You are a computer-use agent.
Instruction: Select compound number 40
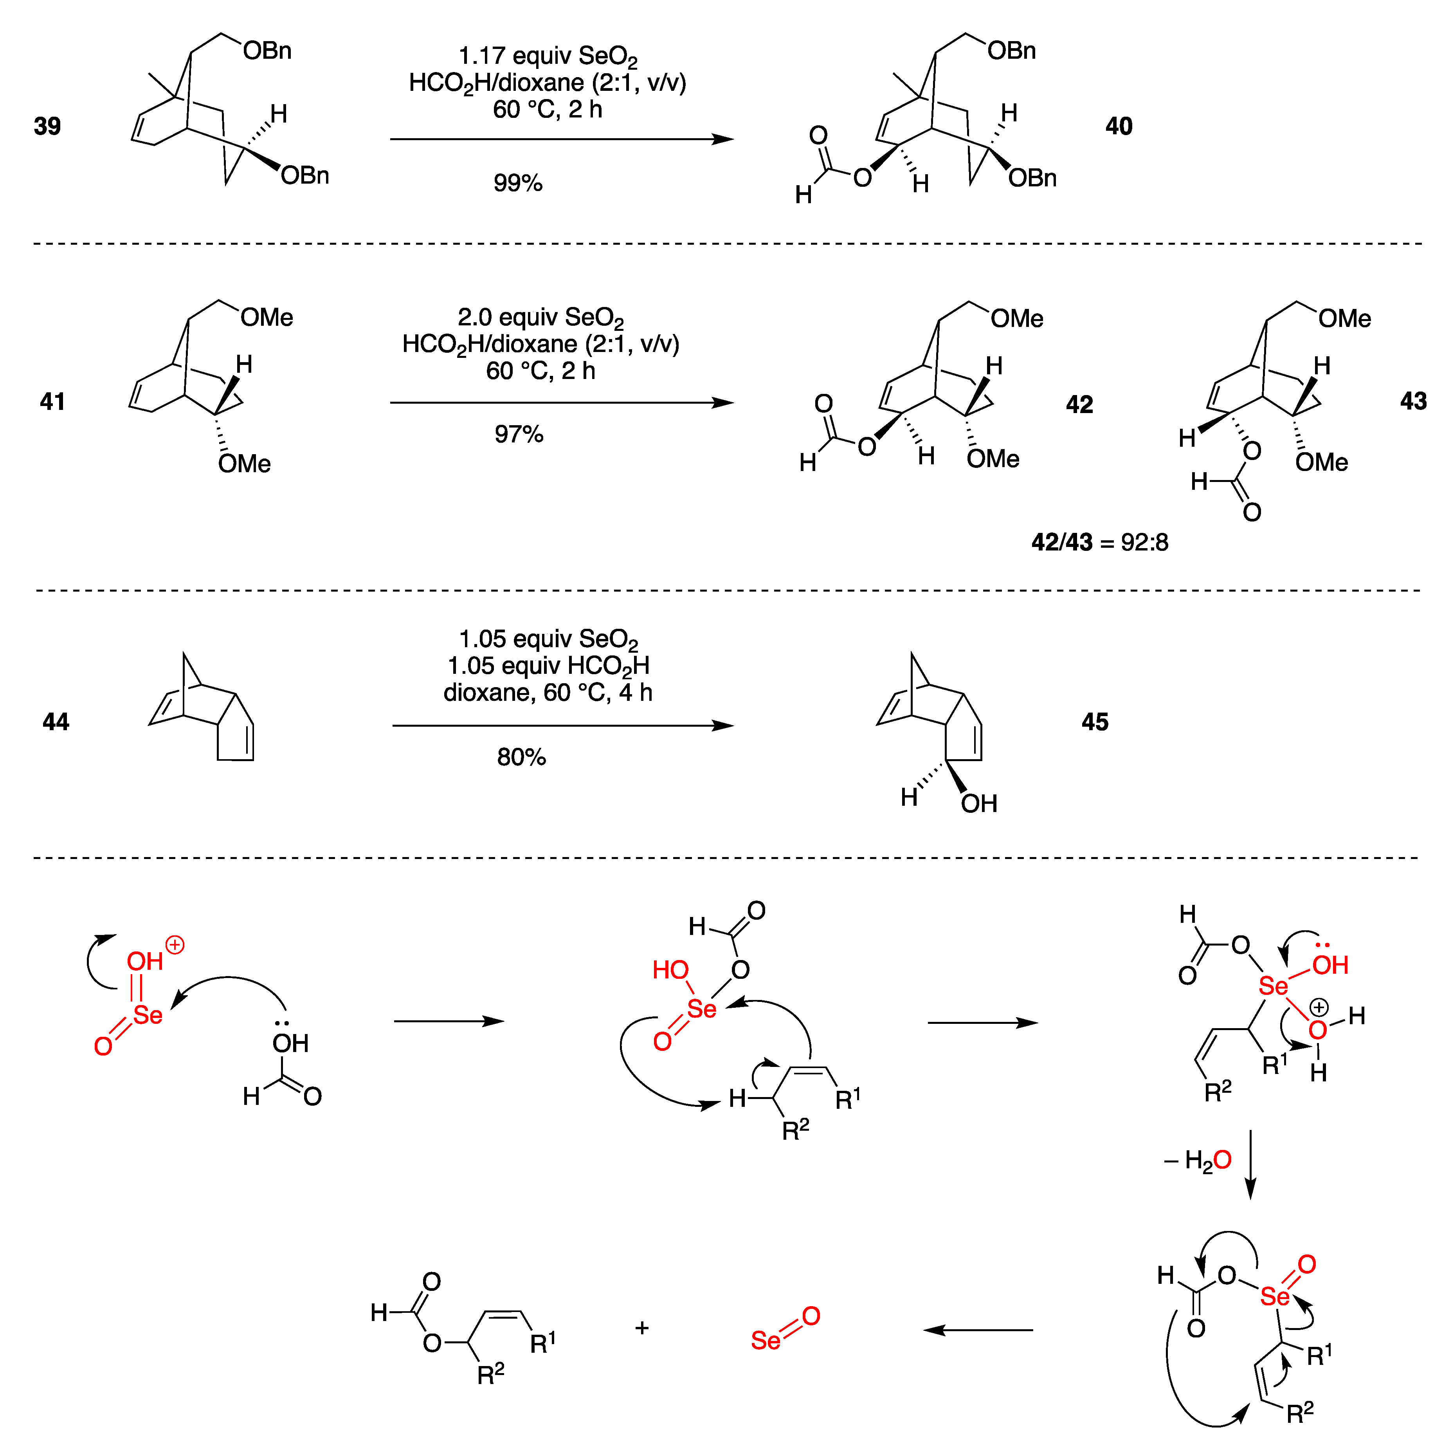point(1118,126)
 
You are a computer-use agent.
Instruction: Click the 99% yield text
point(518,183)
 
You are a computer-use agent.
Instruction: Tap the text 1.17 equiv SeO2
point(548,56)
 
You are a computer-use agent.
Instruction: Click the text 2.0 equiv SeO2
point(540,318)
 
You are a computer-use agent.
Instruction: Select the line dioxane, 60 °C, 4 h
point(548,693)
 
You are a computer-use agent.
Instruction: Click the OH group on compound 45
point(978,804)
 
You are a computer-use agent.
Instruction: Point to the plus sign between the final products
point(642,1328)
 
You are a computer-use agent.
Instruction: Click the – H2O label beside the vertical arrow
point(1198,1160)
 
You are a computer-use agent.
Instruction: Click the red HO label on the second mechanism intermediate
point(670,971)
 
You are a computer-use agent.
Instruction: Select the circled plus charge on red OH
point(175,945)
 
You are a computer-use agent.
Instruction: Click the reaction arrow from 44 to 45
point(562,725)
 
